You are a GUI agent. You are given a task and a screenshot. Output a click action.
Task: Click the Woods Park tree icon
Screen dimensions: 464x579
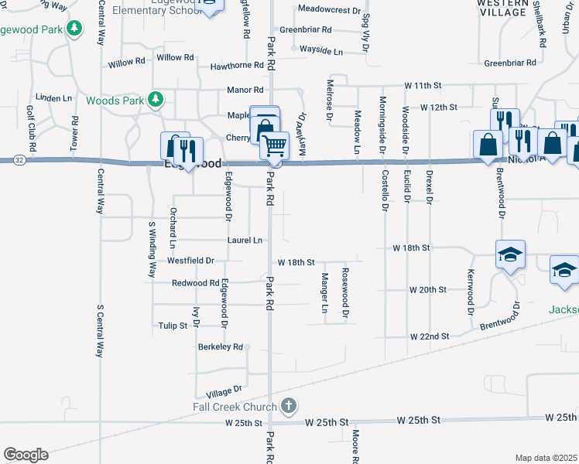point(156,99)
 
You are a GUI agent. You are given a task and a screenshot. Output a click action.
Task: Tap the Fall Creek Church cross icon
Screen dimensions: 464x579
point(289,405)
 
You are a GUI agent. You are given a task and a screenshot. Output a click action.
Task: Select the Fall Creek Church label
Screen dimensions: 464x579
point(235,407)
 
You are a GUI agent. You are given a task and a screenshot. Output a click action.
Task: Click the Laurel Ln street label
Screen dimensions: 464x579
point(245,241)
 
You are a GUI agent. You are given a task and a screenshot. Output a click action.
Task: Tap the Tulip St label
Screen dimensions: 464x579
point(173,326)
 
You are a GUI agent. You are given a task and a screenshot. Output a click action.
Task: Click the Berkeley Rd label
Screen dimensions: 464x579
point(221,346)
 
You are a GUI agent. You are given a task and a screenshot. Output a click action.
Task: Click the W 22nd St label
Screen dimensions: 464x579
point(429,336)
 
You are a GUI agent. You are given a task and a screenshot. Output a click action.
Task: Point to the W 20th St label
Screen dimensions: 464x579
point(428,289)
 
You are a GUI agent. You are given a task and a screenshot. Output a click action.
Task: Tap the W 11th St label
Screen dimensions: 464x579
point(422,84)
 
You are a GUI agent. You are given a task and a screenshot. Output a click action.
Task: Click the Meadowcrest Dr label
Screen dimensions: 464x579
point(328,12)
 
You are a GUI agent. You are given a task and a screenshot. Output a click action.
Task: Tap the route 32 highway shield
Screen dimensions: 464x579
point(19,159)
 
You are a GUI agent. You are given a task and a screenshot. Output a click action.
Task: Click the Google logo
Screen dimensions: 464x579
point(26,454)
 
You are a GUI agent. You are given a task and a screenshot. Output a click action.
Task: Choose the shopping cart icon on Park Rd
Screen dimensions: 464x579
point(274,144)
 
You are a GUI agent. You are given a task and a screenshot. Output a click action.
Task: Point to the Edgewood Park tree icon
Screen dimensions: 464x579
point(74,29)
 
